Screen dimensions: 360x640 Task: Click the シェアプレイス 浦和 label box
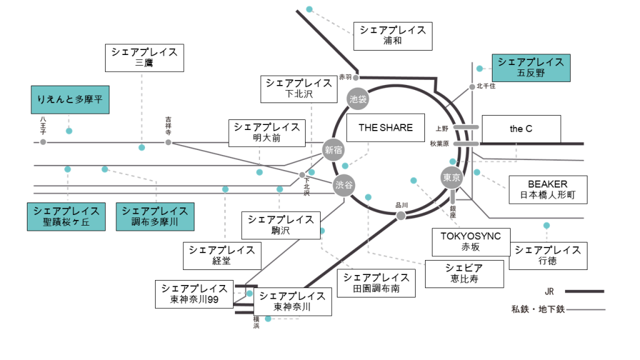[392, 36]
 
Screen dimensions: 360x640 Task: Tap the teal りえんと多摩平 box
[70, 99]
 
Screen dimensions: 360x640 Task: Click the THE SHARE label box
[386, 127]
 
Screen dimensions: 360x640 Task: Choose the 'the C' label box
[521, 129]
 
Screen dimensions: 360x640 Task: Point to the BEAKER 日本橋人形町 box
[547, 189]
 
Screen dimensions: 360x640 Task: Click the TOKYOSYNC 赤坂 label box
[471, 241]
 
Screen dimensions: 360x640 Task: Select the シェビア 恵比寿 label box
[464, 273]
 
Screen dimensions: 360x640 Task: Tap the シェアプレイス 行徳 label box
[547, 255]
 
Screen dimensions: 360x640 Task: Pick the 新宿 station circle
[333, 149]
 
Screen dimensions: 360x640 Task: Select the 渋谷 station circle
[344, 185]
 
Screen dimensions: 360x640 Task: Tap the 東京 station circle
[452, 177]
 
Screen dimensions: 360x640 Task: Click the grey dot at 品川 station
[401, 216]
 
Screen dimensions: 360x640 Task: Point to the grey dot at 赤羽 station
[356, 77]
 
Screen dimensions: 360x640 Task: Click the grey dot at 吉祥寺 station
[168, 142]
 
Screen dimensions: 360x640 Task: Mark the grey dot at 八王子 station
[43, 142]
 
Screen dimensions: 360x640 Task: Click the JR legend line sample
[584, 291]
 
